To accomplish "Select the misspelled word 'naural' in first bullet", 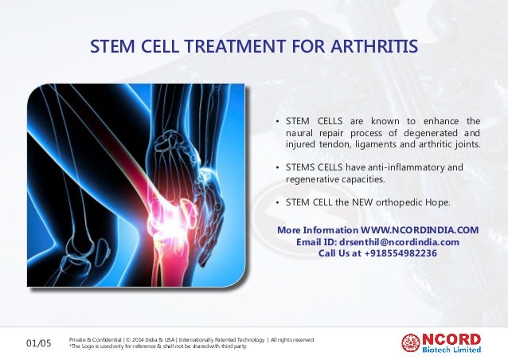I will coord(301,133).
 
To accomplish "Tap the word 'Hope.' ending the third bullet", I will coord(438,202).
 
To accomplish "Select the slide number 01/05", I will coord(37,343).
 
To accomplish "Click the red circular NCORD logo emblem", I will coord(411,343).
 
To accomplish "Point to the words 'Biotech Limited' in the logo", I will coord(451,349).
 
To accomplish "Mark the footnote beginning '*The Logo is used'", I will coord(158,347).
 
